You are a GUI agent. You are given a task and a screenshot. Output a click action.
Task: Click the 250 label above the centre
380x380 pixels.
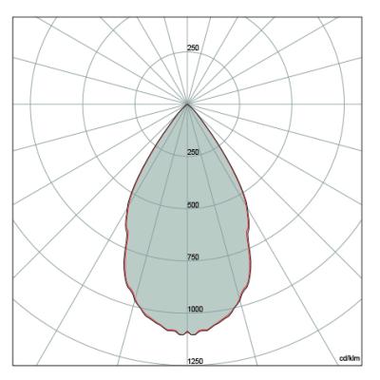coord(193,48)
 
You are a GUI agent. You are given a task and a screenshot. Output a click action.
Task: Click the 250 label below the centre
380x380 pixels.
coord(193,152)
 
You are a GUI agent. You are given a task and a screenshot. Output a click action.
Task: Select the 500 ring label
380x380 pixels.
coord(193,205)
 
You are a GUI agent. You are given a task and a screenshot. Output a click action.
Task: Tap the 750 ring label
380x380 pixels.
coord(193,257)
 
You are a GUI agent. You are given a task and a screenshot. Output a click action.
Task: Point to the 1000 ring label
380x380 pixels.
coord(195,310)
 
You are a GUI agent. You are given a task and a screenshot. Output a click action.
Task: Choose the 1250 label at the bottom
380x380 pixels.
coord(195,361)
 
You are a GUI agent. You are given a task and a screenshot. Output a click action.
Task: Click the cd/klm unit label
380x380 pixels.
coord(350,358)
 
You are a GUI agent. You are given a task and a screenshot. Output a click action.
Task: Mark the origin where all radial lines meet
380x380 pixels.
coord(187,104)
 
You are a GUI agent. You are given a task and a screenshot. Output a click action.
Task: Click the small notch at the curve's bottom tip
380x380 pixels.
coord(187,332)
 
